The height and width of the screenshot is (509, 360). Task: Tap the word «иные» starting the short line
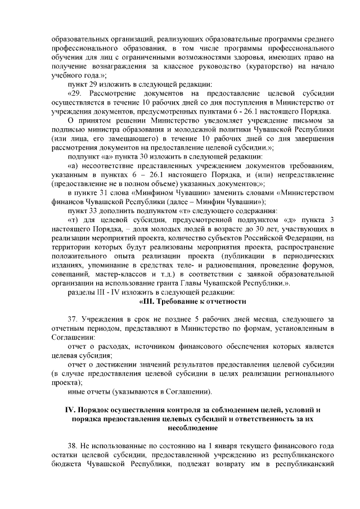76,391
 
